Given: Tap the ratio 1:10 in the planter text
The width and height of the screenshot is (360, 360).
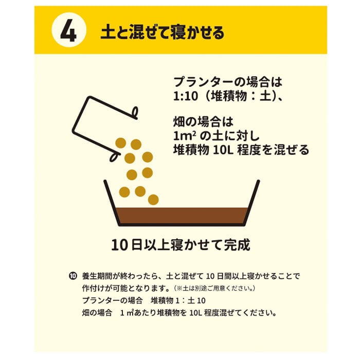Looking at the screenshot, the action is point(185,96).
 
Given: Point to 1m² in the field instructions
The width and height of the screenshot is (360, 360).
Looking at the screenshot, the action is point(185,136).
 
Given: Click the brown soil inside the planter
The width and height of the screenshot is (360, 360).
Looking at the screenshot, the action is point(182,215).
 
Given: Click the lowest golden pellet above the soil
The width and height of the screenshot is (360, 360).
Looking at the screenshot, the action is point(153,200).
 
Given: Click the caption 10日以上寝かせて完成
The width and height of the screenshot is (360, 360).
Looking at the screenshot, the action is point(181,245).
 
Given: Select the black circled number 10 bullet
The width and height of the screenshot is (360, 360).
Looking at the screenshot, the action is point(73,276).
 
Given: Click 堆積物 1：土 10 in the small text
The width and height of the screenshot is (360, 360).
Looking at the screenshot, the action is point(178,300).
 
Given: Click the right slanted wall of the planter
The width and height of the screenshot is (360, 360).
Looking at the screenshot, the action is point(251,203).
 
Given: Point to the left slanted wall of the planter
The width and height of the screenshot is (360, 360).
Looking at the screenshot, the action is point(112,203).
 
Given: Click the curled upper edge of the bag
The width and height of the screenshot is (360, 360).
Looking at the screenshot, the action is point(135,113).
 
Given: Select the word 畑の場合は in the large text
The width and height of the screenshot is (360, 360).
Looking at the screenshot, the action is point(203,122).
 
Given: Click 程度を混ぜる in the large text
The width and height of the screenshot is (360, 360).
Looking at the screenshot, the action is point(273,150).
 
